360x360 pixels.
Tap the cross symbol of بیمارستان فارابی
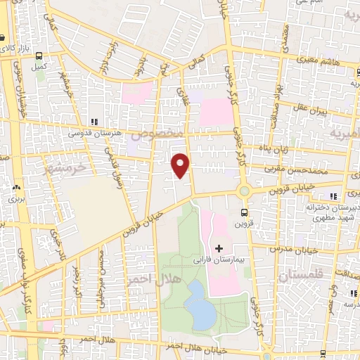point(219,248)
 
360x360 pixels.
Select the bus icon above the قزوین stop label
point(244,212)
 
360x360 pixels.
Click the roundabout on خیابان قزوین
point(245,191)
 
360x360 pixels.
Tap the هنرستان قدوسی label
point(94,132)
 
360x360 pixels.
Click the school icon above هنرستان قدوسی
point(94,122)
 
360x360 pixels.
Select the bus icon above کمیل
point(38,56)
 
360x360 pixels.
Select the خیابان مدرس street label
point(296,250)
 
